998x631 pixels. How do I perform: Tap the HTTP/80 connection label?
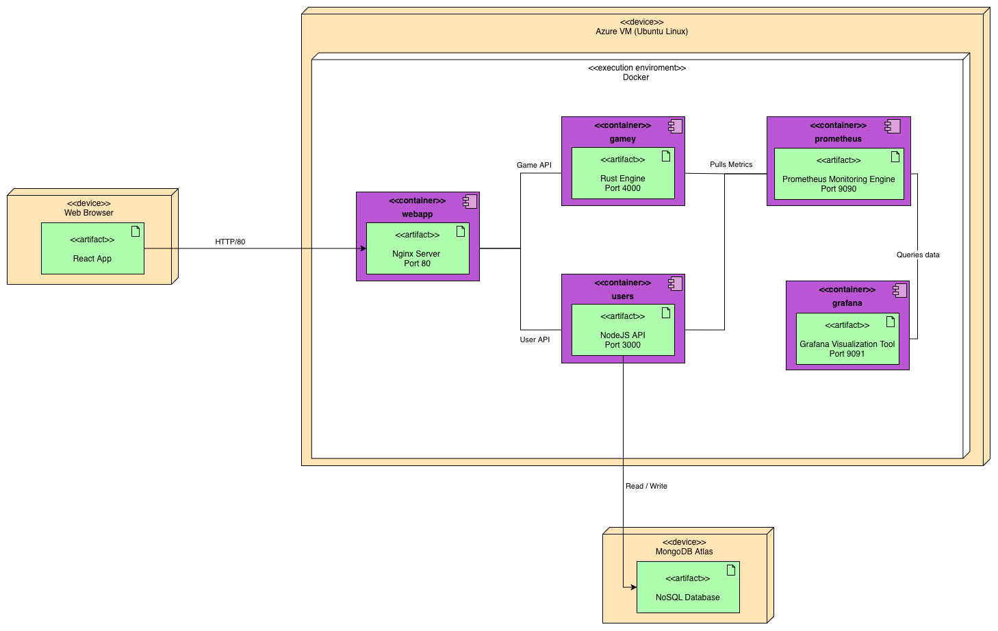tap(231, 242)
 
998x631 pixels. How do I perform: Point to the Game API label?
tap(534, 165)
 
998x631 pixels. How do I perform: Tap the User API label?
tap(535, 339)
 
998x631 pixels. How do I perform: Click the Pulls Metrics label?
tap(731, 164)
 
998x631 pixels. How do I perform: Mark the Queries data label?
tap(918, 255)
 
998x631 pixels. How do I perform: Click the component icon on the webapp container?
tap(470, 201)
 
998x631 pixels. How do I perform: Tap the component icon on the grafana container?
tap(900, 290)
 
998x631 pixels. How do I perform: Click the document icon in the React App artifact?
tap(136, 231)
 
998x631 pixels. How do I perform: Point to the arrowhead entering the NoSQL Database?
tap(633, 587)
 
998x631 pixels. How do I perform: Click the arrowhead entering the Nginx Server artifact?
tap(363, 248)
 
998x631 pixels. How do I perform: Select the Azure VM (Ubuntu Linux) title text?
tap(641, 31)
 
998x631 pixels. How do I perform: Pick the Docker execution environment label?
tap(636, 77)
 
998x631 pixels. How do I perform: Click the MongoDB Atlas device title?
tap(684, 552)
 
